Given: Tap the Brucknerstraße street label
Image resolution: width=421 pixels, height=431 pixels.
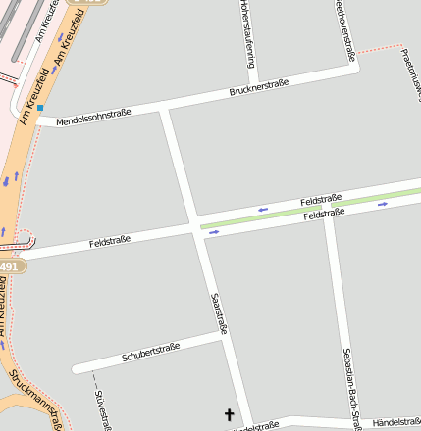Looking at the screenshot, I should click(258, 90).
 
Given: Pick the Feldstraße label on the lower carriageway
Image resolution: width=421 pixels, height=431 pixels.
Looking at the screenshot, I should click(324, 214).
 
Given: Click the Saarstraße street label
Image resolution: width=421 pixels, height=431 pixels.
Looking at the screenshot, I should click(219, 314).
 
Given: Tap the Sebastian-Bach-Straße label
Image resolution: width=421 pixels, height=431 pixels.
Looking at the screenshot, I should click(346, 387).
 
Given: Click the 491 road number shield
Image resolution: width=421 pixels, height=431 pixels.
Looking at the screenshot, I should click(9, 266).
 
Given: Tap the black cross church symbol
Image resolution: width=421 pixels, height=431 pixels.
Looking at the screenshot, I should click(231, 415).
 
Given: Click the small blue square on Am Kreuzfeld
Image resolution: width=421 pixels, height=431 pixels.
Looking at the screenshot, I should click(40, 108).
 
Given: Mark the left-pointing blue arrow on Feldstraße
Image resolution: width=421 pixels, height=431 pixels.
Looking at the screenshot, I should click(262, 209).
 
